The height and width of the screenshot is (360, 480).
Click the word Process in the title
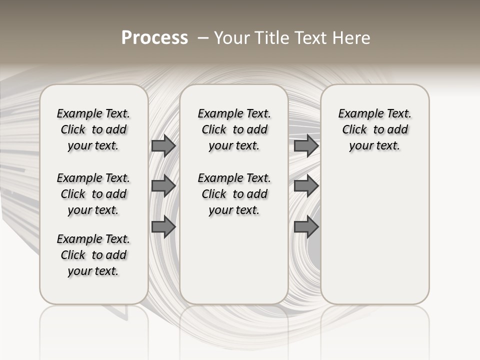point(154,37)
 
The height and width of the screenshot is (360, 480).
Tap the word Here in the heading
point(352,37)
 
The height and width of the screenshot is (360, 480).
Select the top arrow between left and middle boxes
point(163,145)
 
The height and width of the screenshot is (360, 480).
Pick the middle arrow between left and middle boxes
point(163,186)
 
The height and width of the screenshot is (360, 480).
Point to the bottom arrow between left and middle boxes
point(163,227)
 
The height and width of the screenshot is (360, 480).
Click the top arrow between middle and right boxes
point(306,145)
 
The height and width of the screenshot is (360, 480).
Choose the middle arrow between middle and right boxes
point(306,186)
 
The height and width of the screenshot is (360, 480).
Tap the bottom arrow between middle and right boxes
point(306,227)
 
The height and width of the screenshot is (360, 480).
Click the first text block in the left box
point(93,129)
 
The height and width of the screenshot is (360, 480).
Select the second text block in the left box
point(93,194)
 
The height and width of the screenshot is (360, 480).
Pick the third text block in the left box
point(93,255)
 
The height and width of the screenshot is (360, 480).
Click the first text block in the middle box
point(234,129)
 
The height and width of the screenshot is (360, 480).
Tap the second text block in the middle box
point(234,194)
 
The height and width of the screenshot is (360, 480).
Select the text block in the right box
point(374,129)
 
